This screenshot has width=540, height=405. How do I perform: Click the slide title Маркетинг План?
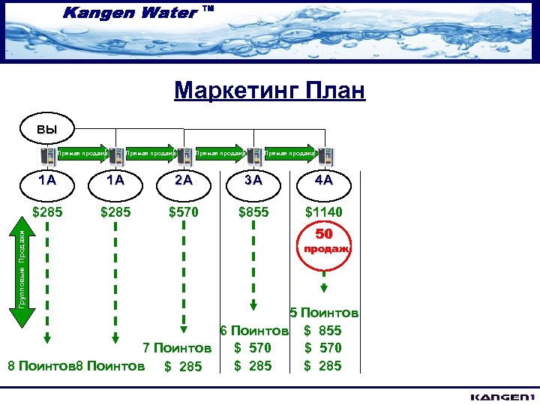269,91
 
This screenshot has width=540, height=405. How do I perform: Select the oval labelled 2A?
184,181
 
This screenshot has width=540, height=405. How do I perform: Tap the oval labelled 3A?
254,181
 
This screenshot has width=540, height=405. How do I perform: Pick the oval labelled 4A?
324,181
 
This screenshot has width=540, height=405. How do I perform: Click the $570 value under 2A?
184,212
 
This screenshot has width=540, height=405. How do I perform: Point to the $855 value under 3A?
254,212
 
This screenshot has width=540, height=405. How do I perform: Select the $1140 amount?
324,212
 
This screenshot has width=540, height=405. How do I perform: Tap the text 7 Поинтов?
177,348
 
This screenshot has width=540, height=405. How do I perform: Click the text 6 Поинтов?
254,331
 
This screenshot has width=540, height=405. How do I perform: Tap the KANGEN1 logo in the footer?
502,396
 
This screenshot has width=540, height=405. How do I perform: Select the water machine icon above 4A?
327,156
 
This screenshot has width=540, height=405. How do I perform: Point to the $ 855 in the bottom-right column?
324,331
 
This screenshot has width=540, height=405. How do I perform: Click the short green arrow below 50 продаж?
324,287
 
